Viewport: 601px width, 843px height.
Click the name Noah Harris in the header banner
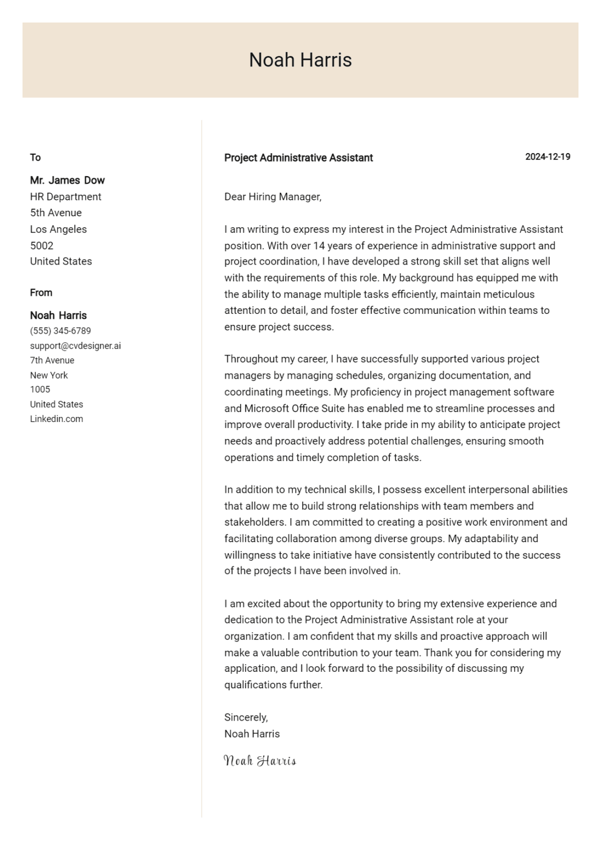[300, 60]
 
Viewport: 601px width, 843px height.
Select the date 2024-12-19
[547, 157]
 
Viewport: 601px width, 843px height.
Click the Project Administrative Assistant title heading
[298, 158]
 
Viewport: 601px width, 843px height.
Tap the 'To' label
[35, 158]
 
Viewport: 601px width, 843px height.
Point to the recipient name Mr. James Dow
[67, 180]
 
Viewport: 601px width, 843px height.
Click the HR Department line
[65, 196]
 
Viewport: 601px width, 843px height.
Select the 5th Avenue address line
[55, 213]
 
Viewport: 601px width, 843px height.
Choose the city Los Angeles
[58, 229]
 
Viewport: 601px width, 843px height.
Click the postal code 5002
[41, 245]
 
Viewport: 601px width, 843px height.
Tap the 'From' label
[41, 293]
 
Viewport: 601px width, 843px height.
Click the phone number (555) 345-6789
[60, 331]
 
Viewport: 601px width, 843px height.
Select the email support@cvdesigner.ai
[75, 346]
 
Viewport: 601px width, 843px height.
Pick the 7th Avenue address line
[52, 361]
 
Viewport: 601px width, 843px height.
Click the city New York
[49, 375]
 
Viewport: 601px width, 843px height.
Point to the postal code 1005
[40, 390]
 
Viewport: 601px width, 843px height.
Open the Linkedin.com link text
[57, 419]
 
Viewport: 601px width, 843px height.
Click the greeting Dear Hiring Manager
[272, 196]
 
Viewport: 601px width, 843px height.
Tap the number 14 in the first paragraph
[319, 246]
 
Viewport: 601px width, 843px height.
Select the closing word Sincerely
[245, 717]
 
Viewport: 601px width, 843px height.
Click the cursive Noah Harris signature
[260, 761]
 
